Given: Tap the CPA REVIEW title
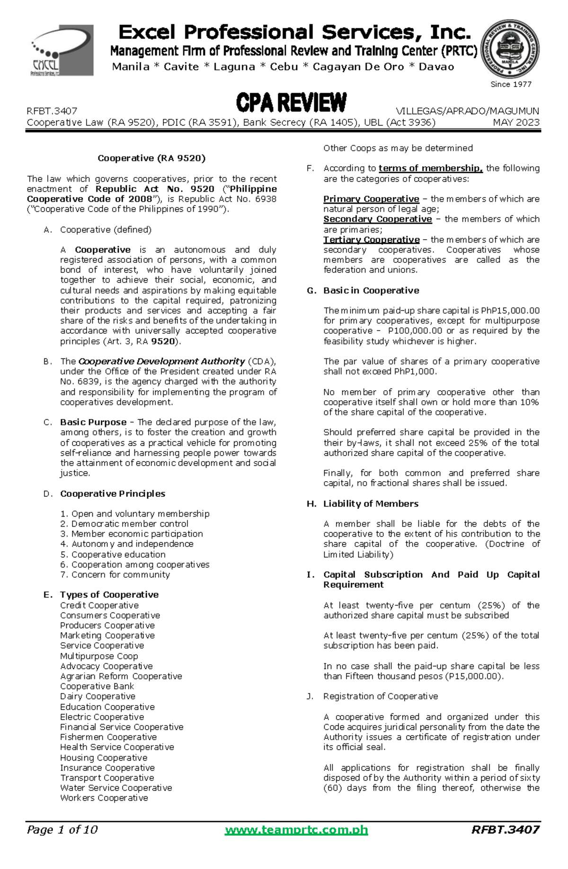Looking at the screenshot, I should point(291,103).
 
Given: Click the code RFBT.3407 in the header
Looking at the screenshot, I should point(52,111).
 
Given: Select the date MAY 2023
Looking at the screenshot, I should point(516,122).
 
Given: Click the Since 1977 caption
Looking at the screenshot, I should point(511,84).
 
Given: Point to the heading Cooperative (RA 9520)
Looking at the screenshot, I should point(151,158).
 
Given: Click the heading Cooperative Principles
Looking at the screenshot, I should point(113,493).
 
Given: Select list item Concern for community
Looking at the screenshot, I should point(120,574).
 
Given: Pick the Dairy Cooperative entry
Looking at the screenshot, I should point(98,696).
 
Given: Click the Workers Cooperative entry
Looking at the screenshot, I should point(104,798).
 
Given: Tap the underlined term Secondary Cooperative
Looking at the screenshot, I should point(377,219).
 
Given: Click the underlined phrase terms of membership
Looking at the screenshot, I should point(430,168).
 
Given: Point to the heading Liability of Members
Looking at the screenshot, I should point(371,503).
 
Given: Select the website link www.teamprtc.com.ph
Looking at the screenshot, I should point(296,830).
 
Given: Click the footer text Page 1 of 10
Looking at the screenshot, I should point(62,830).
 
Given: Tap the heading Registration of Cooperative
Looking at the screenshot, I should point(381,696).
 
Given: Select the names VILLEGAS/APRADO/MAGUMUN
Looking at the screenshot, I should point(467,111).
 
